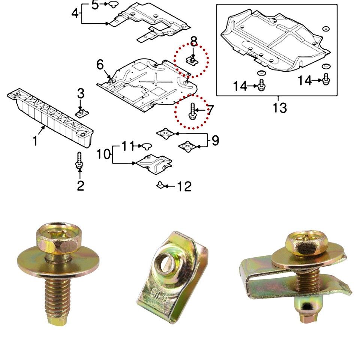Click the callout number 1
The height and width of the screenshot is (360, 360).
[35, 141]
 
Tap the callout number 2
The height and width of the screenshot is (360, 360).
[81, 185]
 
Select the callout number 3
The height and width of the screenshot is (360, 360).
[81, 94]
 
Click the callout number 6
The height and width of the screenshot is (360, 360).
[100, 65]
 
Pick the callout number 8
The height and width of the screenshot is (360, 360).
[193, 41]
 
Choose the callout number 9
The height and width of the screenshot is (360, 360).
[215, 140]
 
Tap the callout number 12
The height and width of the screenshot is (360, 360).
[185, 186]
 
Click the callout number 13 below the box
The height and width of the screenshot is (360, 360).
[280, 108]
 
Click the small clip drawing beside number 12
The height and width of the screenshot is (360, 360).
[160, 185]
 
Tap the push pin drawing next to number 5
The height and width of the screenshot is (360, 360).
[114, 4]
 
